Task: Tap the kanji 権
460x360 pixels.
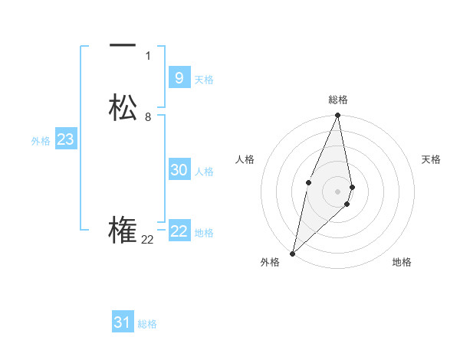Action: click(x=123, y=231)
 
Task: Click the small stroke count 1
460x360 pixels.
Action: click(x=148, y=56)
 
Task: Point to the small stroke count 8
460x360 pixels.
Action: click(x=148, y=117)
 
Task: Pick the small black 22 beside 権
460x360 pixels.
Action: click(x=147, y=241)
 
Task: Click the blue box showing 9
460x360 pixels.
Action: click(x=179, y=77)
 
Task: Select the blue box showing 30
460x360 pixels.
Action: click(x=179, y=170)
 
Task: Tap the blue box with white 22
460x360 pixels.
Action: click(x=179, y=231)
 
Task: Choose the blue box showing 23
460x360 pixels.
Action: click(x=65, y=139)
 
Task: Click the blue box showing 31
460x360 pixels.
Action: click(x=123, y=322)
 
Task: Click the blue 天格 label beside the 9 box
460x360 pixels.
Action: click(x=204, y=80)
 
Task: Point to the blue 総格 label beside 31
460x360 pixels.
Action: click(x=147, y=324)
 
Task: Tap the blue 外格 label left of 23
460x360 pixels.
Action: click(x=41, y=141)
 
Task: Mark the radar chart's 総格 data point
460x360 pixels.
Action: click(x=337, y=116)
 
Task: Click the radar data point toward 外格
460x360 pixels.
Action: click(x=292, y=253)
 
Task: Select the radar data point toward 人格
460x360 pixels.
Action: click(x=308, y=182)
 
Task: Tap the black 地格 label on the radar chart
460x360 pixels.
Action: click(x=402, y=263)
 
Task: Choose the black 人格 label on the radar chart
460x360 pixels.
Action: click(x=245, y=159)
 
